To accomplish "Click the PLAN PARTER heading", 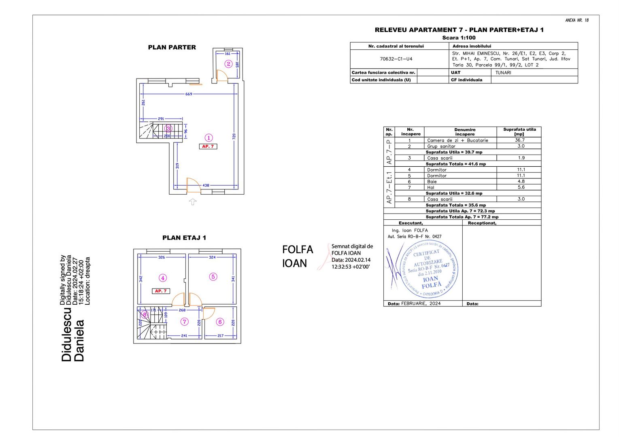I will click(172, 47).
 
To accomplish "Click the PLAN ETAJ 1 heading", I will click(184, 238).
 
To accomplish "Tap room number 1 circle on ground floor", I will click(208, 138).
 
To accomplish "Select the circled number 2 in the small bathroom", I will click(228, 64).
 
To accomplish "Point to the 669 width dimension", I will click(189, 94).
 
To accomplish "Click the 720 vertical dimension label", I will click(234, 136).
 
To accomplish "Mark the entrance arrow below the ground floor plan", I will click(193, 202).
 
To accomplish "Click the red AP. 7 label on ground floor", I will click(208, 146).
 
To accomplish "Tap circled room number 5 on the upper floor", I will click(213, 277).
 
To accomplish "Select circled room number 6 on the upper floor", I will click(220, 322).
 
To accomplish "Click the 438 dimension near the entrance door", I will click(206, 185).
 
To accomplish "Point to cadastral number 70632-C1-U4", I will click(396, 59).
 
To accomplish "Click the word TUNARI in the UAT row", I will click(503, 73).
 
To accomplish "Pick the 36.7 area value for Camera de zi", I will click(520, 140).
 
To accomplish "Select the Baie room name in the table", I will click(432, 182).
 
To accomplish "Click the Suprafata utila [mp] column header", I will click(519, 132).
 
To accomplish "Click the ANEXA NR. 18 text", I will click(577, 20).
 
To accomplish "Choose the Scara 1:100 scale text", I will click(459, 38).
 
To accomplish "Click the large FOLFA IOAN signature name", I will click(298, 256).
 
